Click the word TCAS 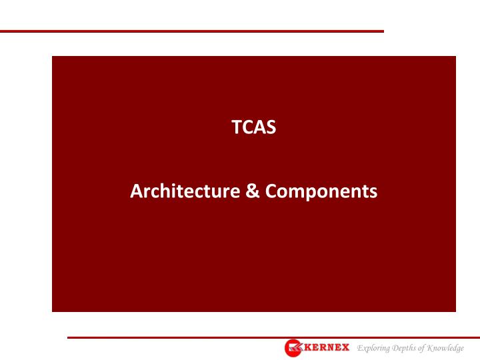(x=253, y=127)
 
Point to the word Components (x=321, y=192)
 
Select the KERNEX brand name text (x=327, y=348)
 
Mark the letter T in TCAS (x=235, y=127)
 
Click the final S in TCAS (x=271, y=127)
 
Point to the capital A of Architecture (x=136, y=192)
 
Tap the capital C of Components (x=269, y=192)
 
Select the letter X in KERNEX (x=345, y=348)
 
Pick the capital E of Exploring (x=360, y=348)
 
